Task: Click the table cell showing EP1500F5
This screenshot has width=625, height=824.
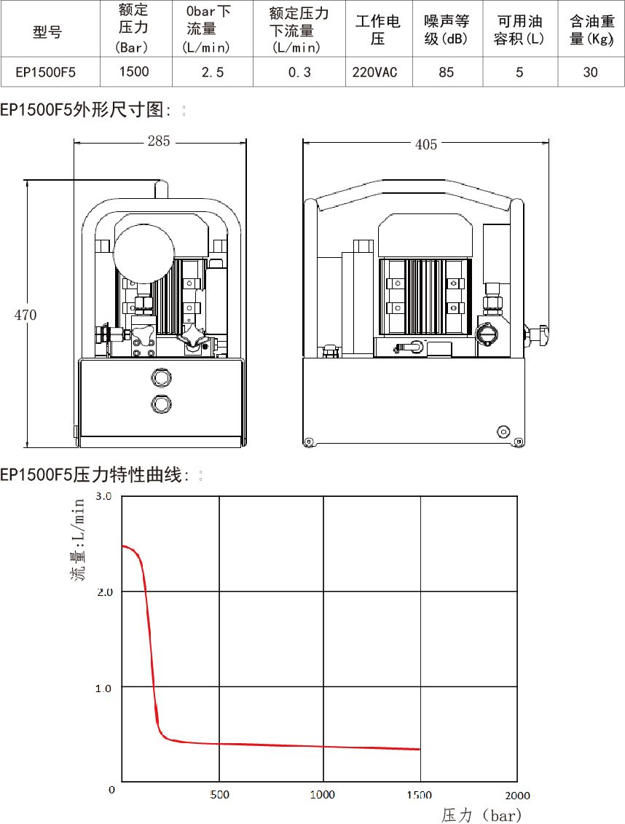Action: [x=46, y=71]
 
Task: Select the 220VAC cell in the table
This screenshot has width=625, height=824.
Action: [x=374, y=71]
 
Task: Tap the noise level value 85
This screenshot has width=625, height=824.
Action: [x=446, y=71]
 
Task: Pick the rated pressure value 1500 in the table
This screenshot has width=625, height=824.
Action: [x=134, y=71]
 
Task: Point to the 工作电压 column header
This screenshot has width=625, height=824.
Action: [x=377, y=30]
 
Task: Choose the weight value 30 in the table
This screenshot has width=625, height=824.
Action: [x=590, y=71]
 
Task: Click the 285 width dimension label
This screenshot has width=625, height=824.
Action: [x=158, y=141]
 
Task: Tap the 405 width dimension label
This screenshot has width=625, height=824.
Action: [x=426, y=144]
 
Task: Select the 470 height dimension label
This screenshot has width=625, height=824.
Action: [x=25, y=315]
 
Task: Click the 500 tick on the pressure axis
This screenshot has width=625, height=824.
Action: [x=219, y=795]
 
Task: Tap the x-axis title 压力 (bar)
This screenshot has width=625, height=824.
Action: [x=481, y=815]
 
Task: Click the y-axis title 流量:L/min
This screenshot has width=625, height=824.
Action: [x=79, y=539]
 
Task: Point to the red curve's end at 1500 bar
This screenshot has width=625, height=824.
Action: [x=420, y=749]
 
